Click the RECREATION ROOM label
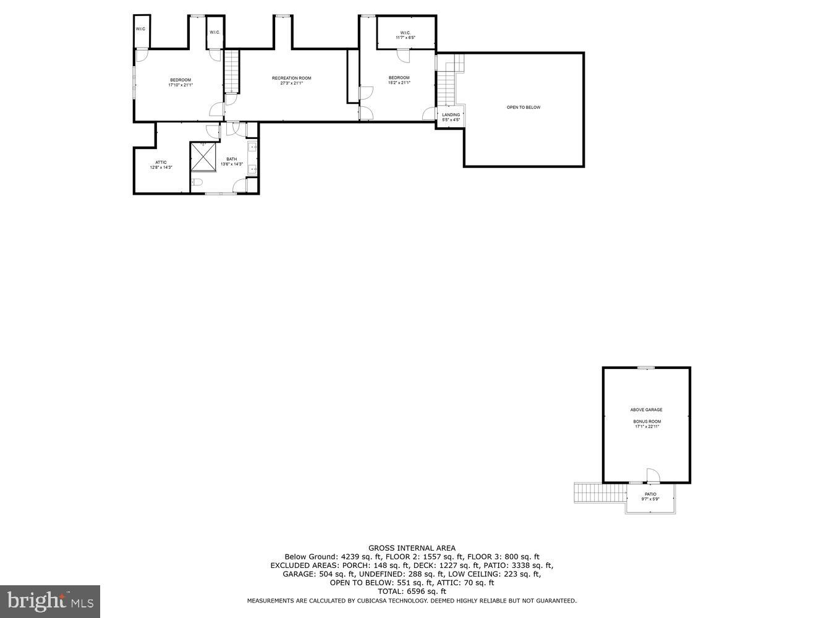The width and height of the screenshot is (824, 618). [x=291, y=78]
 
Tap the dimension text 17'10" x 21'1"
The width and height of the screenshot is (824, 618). [x=181, y=85]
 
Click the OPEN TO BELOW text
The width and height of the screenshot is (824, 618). [x=524, y=108]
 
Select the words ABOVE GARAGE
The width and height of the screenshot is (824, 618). [x=646, y=410]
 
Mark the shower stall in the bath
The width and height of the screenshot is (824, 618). [x=203, y=157]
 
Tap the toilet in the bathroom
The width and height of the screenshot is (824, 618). [x=197, y=182]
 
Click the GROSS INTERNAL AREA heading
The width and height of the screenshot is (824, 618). [x=412, y=548]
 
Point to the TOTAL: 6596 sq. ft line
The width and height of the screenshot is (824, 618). [x=412, y=591]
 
